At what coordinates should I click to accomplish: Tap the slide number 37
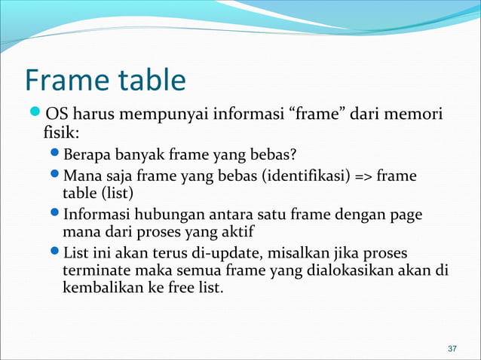pyautogui.click(x=452, y=349)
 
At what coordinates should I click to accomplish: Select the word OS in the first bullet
pyautogui.click(x=55, y=117)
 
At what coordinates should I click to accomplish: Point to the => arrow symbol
pyautogui.click(x=361, y=176)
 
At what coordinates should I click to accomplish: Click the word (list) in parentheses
pyautogui.click(x=115, y=194)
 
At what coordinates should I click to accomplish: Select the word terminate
pyautogui.click(x=93, y=269)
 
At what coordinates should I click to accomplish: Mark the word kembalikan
pyautogui.click(x=100, y=287)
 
